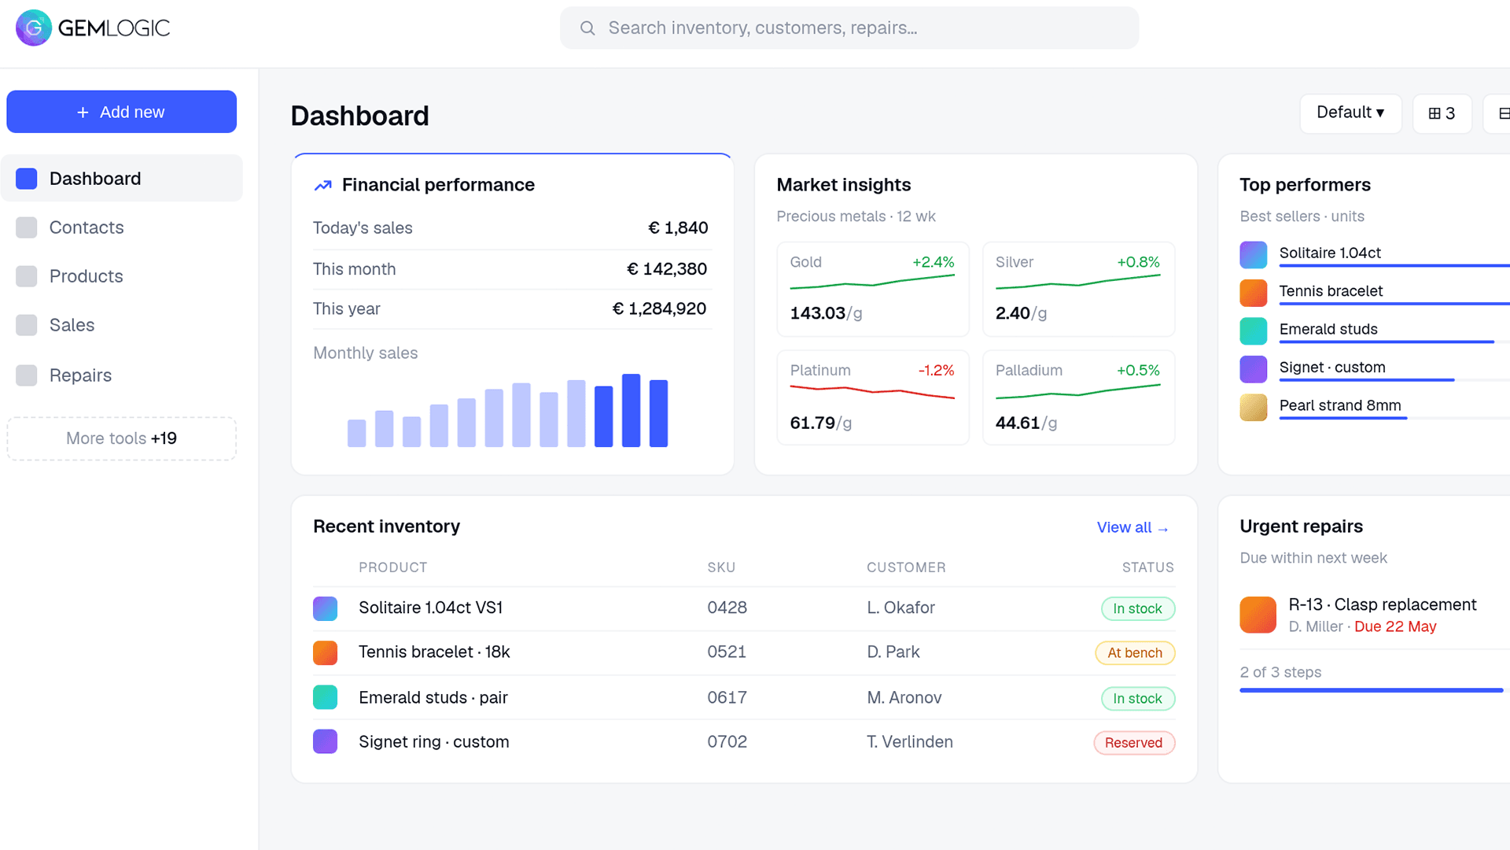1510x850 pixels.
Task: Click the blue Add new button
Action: pos(121,112)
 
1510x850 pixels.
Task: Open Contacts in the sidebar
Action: pos(87,227)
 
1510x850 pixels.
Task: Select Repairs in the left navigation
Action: pos(80,375)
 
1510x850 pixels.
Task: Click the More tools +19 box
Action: pos(121,438)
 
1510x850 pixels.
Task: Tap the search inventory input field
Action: pos(849,28)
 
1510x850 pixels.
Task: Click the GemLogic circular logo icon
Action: pos(34,28)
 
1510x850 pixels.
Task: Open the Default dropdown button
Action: pos(1350,113)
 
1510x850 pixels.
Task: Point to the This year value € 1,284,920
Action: pos(659,309)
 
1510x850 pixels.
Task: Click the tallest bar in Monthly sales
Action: pos(631,411)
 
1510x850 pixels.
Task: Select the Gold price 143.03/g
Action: pos(826,313)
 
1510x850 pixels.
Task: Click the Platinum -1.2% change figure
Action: pos(936,370)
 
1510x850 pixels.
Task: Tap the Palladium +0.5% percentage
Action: pos(1138,370)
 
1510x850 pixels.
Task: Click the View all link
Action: pos(1132,527)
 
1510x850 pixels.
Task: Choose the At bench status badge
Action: pos(1135,652)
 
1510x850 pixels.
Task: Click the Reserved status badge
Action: pos(1133,742)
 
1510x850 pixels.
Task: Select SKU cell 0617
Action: pos(727,697)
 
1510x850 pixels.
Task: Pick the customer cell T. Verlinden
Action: pos(910,741)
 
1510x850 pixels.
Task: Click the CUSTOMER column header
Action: pos(906,567)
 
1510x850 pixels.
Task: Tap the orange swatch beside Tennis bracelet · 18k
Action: pos(325,652)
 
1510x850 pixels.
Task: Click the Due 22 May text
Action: pos(1395,626)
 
